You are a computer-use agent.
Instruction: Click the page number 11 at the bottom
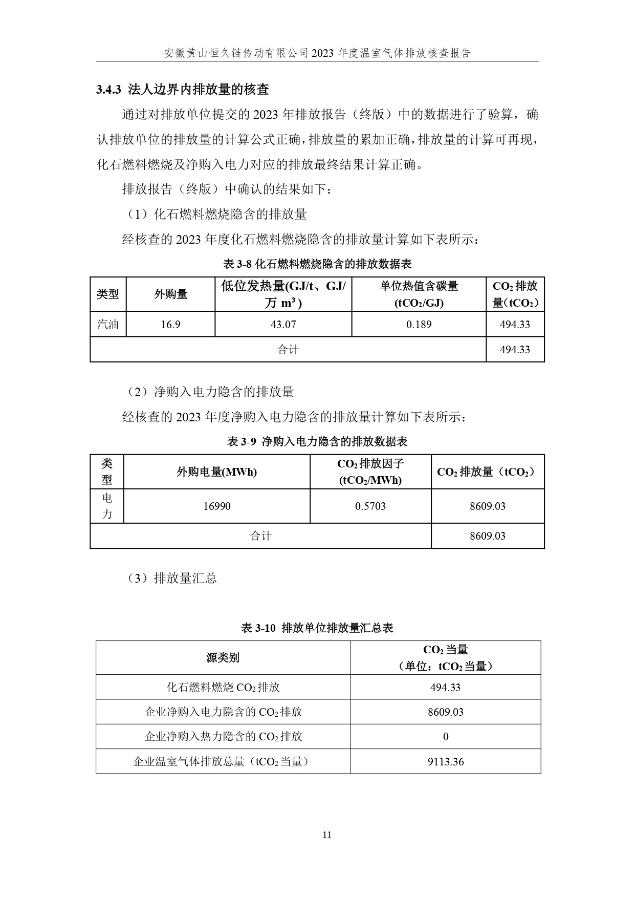(x=327, y=835)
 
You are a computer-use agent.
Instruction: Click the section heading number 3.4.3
(x=108, y=90)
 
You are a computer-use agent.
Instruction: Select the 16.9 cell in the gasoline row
(x=170, y=325)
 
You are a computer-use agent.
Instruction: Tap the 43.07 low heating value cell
(x=283, y=325)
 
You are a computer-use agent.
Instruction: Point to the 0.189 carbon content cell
(x=419, y=325)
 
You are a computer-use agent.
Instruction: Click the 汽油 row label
(x=108, y=325)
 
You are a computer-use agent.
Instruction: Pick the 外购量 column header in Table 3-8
(x=170, y=294)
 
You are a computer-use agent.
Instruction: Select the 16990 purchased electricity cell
(x=216, y=506)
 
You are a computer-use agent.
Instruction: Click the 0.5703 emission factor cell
(x=370, y=506)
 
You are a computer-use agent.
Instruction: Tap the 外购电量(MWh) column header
(x=216, y=472)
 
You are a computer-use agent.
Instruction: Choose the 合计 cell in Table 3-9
(x=260, y=536)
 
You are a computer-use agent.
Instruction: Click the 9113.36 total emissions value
(x=446, y=762)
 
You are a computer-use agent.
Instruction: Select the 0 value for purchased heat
(x=446, y=737)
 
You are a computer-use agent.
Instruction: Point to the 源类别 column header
(x=223, y=658)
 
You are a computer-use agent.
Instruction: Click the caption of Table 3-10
(x=317, y=628)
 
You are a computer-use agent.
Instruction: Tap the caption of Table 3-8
(x=317, y=264)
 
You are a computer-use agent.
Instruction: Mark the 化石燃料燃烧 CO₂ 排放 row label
(x=223, y=688)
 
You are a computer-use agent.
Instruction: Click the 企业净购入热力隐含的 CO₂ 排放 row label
(x=223, y=737)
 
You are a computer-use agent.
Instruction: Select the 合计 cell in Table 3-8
(x=288, y=350)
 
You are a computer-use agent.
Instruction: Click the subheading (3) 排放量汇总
(x=172, y=579)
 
